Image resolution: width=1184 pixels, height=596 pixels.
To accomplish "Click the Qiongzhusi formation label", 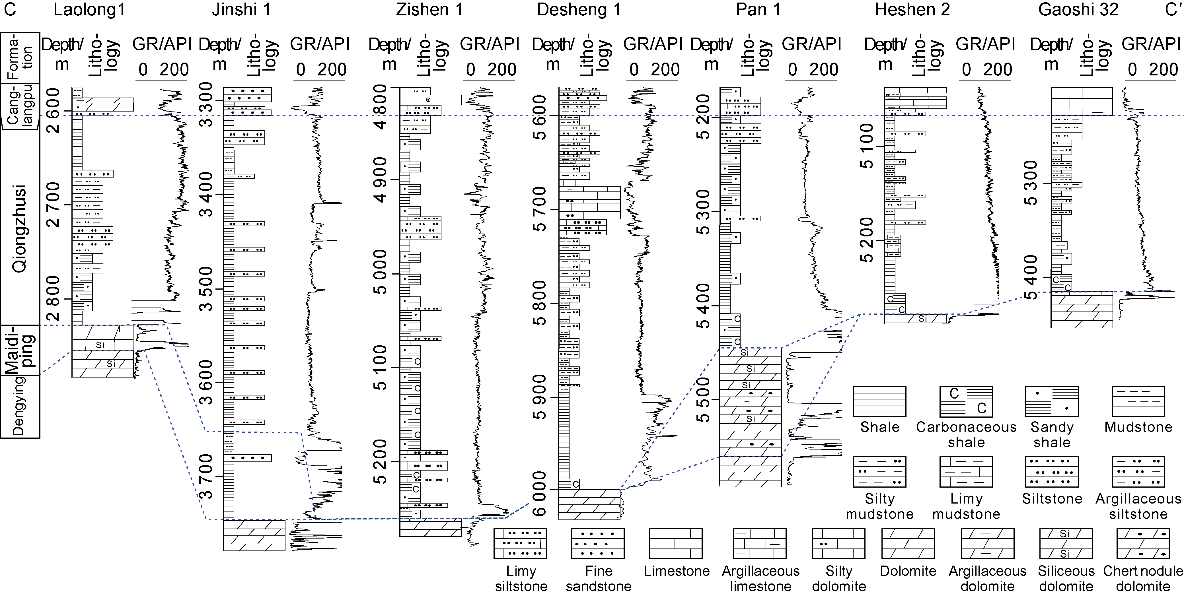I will [19, 228].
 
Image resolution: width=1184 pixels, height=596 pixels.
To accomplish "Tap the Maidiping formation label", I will [19, 350].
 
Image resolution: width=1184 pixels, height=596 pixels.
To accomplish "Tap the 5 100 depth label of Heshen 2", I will [866, 146].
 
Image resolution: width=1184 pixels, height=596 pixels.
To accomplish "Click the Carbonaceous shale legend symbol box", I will [966, 401].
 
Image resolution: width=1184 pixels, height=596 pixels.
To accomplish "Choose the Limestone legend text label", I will [677, 571].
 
